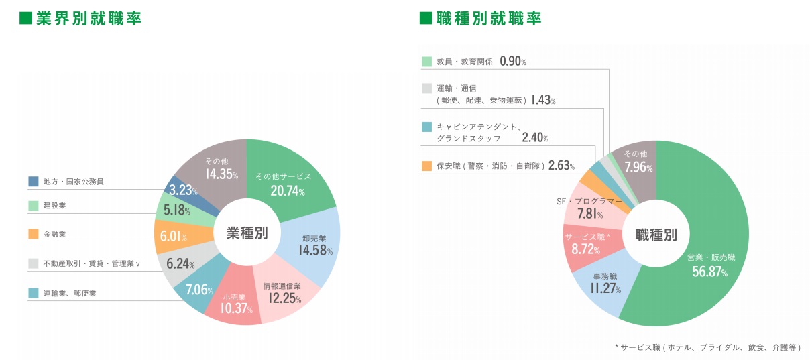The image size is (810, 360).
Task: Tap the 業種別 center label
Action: click(x=247, y=233)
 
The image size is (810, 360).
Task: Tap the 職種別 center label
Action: click(x=656, y=235)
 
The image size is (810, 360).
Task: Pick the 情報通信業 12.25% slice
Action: click(x=282, y=292)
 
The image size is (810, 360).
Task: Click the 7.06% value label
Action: click(x=199, y=290)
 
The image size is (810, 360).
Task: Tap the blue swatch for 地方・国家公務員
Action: click(x=33, y=181)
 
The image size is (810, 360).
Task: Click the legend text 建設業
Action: click(x=54, y=205)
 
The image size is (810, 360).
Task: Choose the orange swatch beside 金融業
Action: click(x=33, y=234)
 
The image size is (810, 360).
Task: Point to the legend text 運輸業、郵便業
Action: click(x=70, y=293)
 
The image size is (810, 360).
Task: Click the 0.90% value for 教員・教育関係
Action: click(x=513, y=62)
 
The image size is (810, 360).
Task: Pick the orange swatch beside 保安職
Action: click(x=426, y=166)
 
